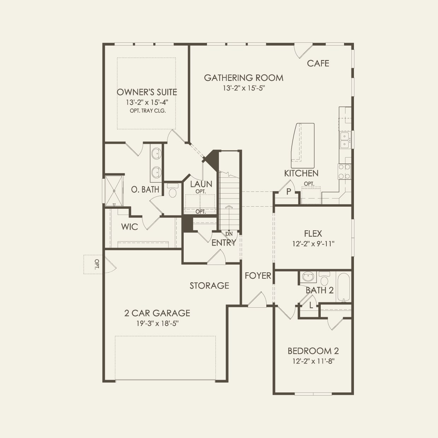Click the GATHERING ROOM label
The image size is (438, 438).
243,78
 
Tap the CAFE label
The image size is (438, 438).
318,63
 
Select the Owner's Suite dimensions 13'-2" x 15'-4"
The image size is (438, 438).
147,102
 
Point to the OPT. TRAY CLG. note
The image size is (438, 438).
148,111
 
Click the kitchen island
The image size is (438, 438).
302,146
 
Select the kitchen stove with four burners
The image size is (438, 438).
344,172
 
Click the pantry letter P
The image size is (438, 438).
289,192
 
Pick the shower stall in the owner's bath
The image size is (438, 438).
114,191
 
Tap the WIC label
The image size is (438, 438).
129,227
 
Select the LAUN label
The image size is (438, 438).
201,184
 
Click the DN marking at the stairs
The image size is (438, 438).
229,234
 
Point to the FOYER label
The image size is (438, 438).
258,276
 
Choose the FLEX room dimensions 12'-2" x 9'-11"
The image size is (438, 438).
313,244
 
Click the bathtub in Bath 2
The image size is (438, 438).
343,286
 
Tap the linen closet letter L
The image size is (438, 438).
311,306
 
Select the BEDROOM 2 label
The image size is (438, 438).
313,351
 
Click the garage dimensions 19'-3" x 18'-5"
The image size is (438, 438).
157,323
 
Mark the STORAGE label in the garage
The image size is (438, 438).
209,285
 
